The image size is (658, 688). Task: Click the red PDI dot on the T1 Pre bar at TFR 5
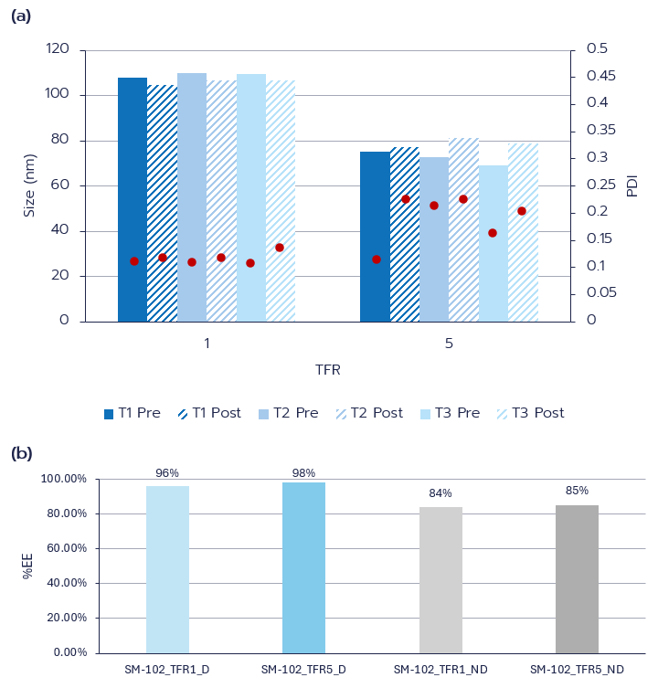coord(377,259)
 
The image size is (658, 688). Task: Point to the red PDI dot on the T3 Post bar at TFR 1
coord(280,248)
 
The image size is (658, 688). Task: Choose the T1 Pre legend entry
coord(133,413)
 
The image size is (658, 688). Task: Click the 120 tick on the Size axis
coord(58,49)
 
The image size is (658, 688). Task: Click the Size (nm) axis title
coord(29,185)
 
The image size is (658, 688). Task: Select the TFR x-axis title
coord(328,370)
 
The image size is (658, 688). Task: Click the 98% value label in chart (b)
coord(303,472)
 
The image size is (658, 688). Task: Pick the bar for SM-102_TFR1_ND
coord(440,579)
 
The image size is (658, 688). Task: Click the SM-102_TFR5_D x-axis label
coord(303,670)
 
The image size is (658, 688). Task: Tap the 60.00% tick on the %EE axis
coord(64,548)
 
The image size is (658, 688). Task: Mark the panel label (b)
coord(21,452)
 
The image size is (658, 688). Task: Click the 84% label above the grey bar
coord(440,493)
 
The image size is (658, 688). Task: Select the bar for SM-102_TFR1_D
coord(167,568)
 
